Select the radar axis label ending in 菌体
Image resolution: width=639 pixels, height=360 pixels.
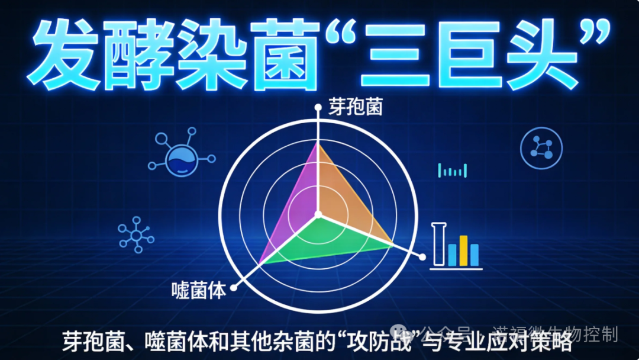point(198,291)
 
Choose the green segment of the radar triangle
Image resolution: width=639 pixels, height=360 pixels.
point(325,240)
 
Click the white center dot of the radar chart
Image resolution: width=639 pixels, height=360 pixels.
point(318,214)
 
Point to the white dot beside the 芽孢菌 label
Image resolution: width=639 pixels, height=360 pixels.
point(318,108)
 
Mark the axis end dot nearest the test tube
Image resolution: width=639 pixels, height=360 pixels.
point(422,256)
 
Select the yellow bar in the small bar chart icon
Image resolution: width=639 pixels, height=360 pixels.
point(463,250)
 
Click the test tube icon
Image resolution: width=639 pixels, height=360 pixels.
point(438,244)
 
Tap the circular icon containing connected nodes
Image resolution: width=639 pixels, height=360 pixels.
point(541,147)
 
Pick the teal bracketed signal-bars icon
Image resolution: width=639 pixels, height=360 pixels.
point(453,171)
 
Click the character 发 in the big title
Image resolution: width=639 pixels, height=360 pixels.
point(66,54)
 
